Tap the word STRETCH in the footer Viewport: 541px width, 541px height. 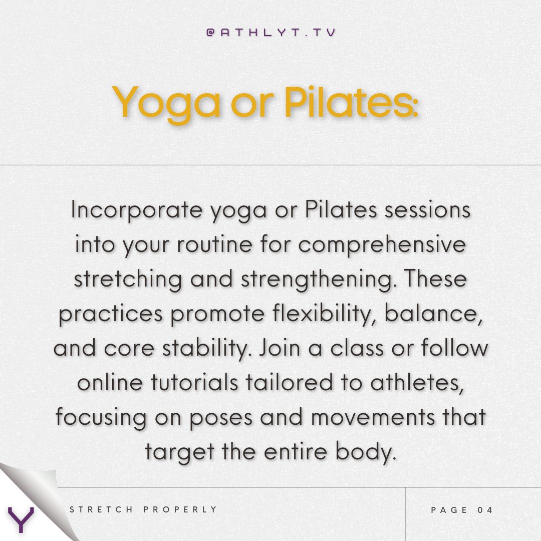(x=102, y=510)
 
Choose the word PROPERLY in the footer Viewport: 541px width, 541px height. (x=180, y=510)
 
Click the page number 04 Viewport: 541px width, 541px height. (x=485, y=510)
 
